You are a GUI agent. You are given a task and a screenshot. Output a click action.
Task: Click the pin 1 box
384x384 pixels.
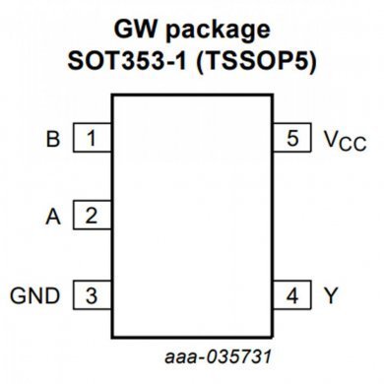(x=93, y=139)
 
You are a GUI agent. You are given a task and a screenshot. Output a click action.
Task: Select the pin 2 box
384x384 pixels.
(x=93, y=216)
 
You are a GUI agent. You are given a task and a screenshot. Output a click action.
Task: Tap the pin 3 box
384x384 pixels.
(x=93, y=293)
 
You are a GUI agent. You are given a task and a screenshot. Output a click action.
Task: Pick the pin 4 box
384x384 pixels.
(x=292, y=293)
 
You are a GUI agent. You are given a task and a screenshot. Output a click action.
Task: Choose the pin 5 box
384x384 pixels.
(x=292, y=139)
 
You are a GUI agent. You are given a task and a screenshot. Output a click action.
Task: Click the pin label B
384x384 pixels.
(x=53, y=139)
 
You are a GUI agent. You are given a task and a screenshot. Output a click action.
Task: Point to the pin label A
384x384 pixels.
(x=53, y=216)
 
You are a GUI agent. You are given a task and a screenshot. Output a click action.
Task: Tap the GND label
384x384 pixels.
(x=35, y=293)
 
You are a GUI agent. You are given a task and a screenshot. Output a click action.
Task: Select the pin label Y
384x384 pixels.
(x=331, y=293)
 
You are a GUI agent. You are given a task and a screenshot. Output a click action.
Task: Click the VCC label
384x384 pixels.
(x=343, y=140)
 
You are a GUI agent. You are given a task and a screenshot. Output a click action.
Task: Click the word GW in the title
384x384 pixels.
(x=137, y=27)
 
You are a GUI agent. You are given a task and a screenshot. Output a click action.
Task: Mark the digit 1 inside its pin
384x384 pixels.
(x=93, y=139)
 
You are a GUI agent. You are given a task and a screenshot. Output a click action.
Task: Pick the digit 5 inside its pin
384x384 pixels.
(x=292, y=139)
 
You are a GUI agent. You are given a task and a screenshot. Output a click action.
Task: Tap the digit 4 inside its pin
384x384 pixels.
(x=292, y=293)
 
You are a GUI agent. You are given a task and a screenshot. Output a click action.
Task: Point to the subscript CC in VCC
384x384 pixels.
(x=352, y=145)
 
